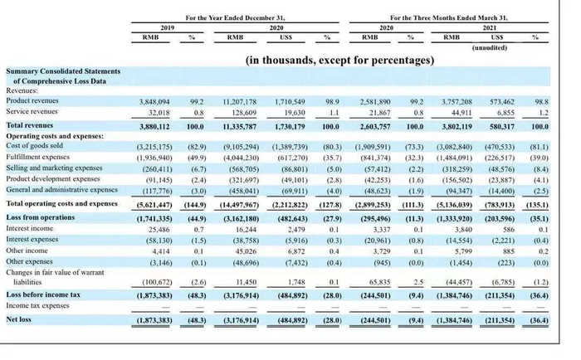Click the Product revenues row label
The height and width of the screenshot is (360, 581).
(x=33, y=100)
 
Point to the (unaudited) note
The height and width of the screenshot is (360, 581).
(x=495, y=48)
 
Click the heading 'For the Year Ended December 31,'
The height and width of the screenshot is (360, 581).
(x=234, y=17)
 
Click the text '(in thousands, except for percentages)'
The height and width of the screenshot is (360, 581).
(x=339, y=61)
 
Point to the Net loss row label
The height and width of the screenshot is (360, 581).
(x=21, y=319)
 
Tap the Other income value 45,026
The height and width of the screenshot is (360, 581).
(x=241, y=250)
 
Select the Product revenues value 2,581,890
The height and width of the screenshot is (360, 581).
(x=373, y=100)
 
